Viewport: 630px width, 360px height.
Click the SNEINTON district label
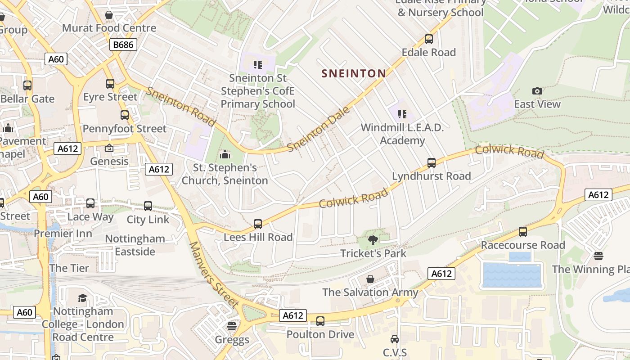354,73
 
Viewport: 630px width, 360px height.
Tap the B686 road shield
123,45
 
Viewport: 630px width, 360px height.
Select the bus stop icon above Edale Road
429,39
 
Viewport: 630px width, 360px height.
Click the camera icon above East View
537,91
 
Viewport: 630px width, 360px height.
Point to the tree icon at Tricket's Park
373,240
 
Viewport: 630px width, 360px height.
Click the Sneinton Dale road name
318,129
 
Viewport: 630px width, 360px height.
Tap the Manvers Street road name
213,274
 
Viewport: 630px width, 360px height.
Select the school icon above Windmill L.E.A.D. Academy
402,114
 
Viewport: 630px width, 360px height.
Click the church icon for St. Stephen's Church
225,155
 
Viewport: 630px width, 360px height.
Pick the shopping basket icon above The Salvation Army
370,279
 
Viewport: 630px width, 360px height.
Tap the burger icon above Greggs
232,326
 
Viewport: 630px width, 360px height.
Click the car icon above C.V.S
395,339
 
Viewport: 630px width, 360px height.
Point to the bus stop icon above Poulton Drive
320,321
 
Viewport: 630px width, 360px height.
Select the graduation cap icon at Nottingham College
82,298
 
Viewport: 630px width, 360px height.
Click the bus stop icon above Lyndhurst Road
432,163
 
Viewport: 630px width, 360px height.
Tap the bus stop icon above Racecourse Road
523,232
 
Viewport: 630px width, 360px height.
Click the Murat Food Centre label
109,28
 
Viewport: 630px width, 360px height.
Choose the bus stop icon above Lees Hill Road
258,224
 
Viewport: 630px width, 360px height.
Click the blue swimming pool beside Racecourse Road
511,275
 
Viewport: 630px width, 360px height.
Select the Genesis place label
109,161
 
